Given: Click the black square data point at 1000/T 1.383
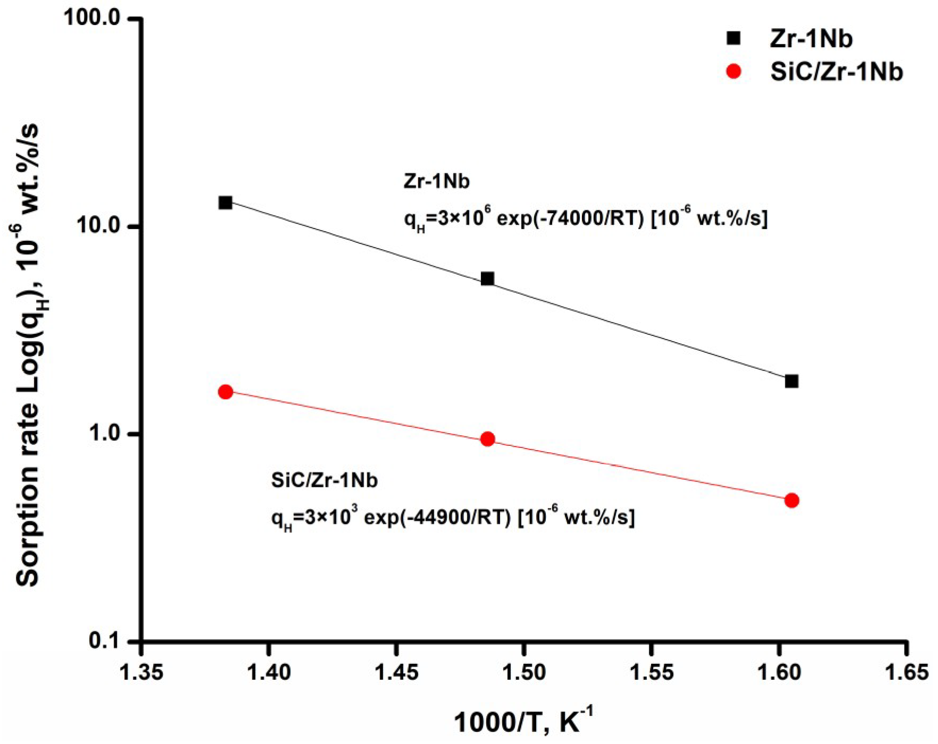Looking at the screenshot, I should tap(225, 202).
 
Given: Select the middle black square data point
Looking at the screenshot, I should tap(487, 279).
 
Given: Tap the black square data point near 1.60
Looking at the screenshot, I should tap(791, 381).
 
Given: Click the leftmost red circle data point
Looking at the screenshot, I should tap(225, 392).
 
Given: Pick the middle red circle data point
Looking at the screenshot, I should tap(487, 439).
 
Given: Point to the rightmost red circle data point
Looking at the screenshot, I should tap(791, 500).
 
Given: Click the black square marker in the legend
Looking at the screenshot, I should tap(733, 38).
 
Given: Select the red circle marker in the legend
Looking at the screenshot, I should tap(733, 71).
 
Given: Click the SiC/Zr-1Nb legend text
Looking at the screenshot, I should tap(836, 71).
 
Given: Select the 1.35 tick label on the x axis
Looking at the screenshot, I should tap(141, 673).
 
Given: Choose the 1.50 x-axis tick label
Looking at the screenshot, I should tap(523, 673).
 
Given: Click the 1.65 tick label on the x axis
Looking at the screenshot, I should tap(906, 673).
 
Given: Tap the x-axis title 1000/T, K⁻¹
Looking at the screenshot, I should tap(523, 721).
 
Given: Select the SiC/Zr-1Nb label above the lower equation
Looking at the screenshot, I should tap(324, 480).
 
